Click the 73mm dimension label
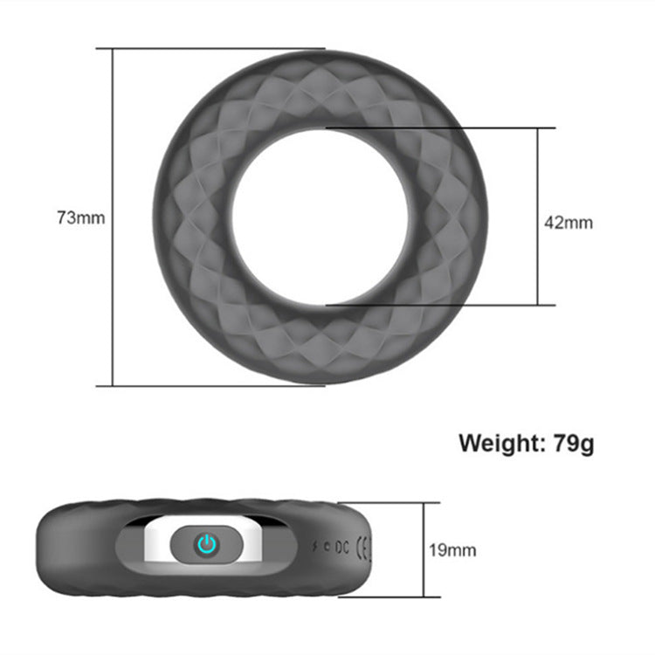click(80, 217)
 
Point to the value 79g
click(574, 443)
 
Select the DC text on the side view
click(341, 548)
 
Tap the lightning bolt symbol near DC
click(314, 548)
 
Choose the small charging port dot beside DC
click(327, 548)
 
